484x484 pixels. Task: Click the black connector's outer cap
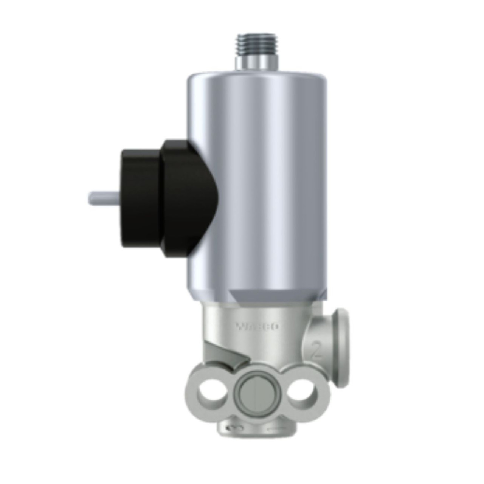tap(140, 197)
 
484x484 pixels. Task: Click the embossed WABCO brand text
tap(257, 326)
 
